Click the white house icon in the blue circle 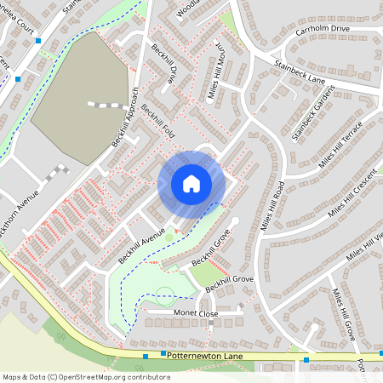point(191,183)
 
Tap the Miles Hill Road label point(273,205)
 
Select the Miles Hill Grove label point(344,316)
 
